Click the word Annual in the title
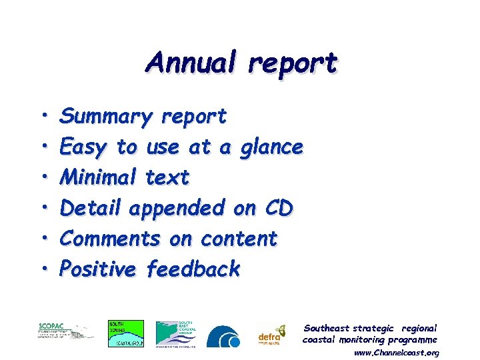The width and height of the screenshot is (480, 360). (193, 63)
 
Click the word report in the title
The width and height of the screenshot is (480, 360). (293, 64)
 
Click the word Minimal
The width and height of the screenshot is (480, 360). (98, 177)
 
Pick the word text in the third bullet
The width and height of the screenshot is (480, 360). (167, 177)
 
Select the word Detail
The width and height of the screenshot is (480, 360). (90, 208)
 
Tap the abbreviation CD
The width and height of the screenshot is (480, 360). (277, 208)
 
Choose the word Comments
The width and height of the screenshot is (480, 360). (110, 238)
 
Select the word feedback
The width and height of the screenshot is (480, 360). (193, 269)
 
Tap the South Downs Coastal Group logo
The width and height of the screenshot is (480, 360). (126, 333)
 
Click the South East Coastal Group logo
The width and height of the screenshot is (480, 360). (176, 333)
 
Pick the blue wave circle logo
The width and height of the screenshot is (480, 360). (223, 337)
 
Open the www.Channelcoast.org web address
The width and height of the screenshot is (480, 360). (396, 352)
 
